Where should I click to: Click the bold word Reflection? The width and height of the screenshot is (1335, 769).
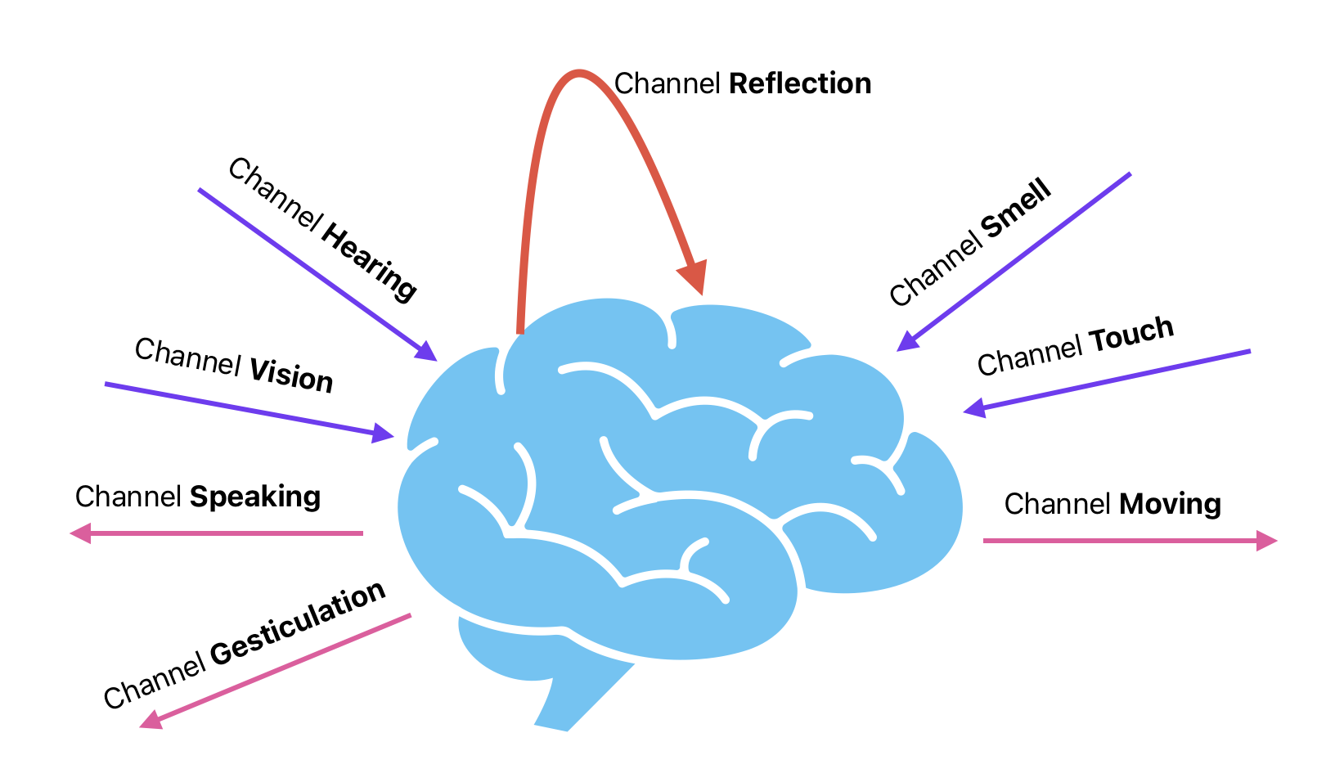pos(799,83)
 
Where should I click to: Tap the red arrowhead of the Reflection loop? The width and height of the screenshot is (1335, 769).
pos(693,277)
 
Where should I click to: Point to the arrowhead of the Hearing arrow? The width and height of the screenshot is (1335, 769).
pos(426,352)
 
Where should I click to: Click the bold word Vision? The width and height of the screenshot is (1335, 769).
pos(291,375)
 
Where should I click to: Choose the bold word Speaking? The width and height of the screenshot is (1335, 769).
pos(254,497)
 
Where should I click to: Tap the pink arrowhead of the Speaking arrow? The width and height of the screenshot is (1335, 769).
pos(80,533)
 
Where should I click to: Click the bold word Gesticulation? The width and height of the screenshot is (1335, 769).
pos(298,623)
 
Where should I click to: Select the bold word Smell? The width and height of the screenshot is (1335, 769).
pos(1016,210)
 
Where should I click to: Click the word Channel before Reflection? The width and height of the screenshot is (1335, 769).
pos(667,83)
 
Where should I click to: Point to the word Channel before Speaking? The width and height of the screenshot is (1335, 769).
pos(128,497)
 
